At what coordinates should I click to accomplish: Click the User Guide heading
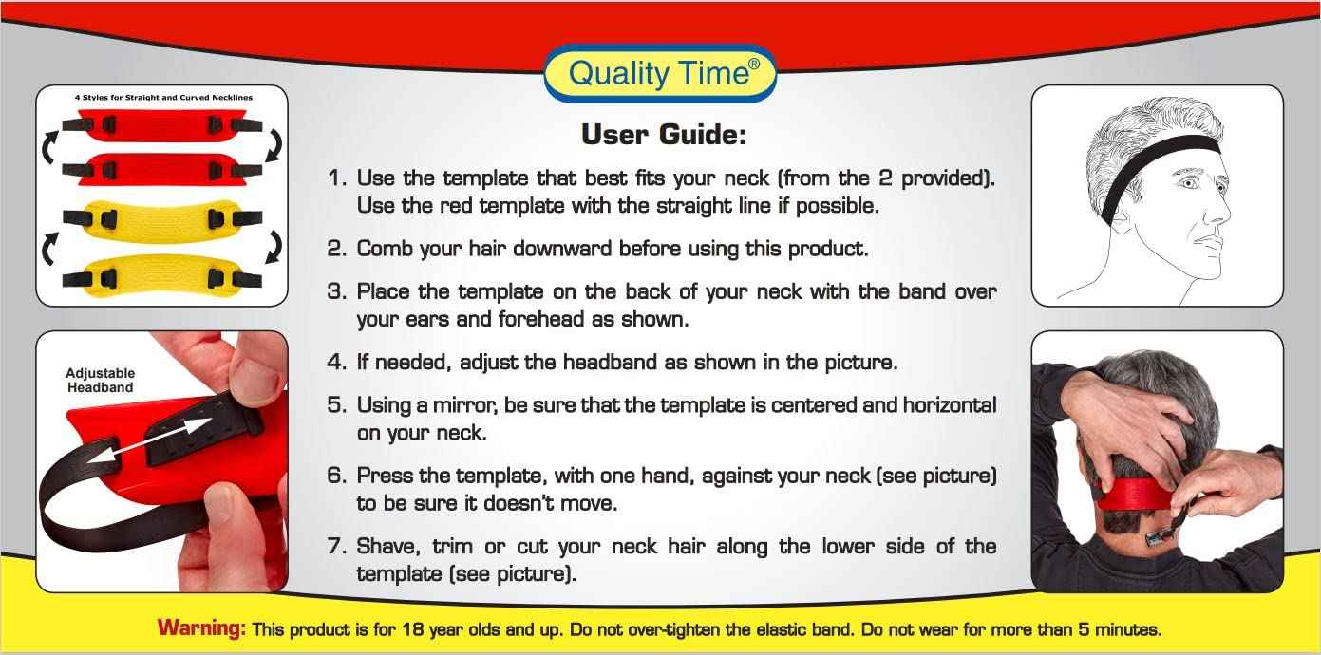[663, 135]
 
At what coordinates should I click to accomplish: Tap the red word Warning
[201, 628]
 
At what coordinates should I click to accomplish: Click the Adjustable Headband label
[100, 380]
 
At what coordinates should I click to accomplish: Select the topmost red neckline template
[161, 123]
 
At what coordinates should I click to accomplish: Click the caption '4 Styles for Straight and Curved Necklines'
[162, 97]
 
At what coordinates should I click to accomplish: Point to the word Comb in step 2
[382, 249]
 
